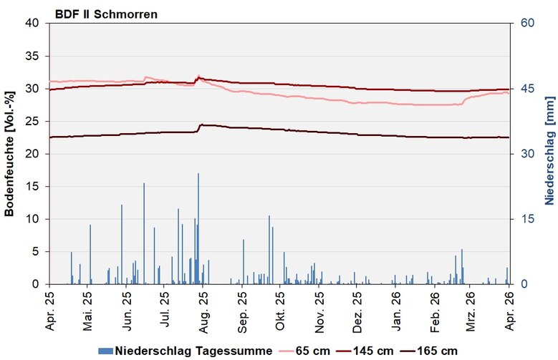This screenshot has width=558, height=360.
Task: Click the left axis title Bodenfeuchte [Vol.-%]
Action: pos(9,153)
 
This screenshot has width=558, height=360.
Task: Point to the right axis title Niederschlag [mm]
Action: pos(548,153)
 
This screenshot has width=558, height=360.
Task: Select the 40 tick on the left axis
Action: pos(34,23)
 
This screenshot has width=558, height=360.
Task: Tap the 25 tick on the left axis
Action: pos(34,121)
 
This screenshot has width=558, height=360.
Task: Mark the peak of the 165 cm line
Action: pos(201,125)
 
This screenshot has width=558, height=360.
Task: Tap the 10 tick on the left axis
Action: pos(34,219)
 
